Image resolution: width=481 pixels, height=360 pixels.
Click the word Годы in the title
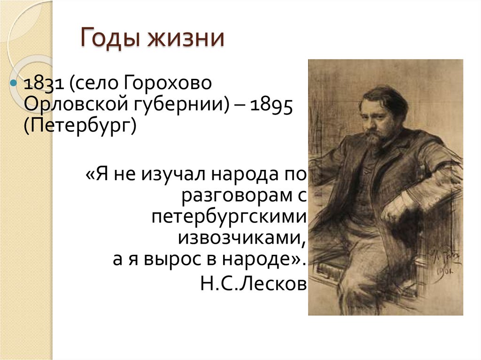coord(111,38)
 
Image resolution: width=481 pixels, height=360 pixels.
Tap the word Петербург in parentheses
coord(80,126)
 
